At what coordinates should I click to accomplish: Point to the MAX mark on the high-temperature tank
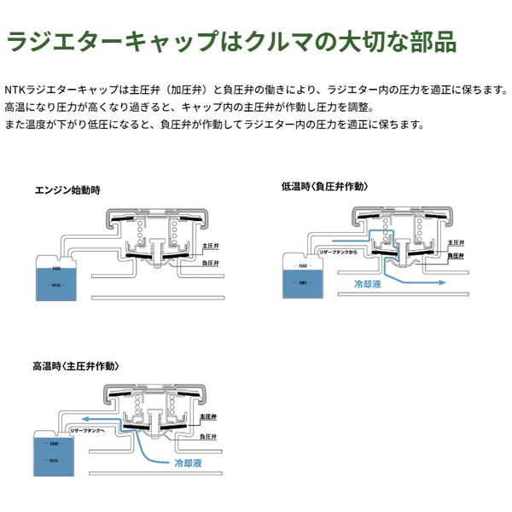(x=53, y=444)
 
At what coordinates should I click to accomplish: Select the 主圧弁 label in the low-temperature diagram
(x=455, y=240)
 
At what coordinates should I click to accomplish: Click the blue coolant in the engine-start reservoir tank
(x=53, y=286)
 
